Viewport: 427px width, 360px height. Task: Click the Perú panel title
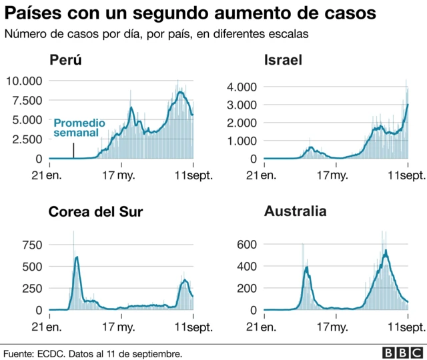click(x=65, y=61)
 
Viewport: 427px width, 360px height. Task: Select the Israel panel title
click(x=284, y=61)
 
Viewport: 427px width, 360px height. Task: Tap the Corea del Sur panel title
click(x=95, y=212)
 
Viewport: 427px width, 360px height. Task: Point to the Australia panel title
click(x=296, y=211)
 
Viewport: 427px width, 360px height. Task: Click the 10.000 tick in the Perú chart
click(x=24, y=81)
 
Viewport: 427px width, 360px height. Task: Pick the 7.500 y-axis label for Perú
click(x=27, y=101)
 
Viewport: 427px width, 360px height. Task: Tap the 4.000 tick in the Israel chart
click(x=243, y=87)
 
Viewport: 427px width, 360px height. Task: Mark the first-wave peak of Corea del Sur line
click(x=77, y=257)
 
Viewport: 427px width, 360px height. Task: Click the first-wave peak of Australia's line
click(x=306, y=267)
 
